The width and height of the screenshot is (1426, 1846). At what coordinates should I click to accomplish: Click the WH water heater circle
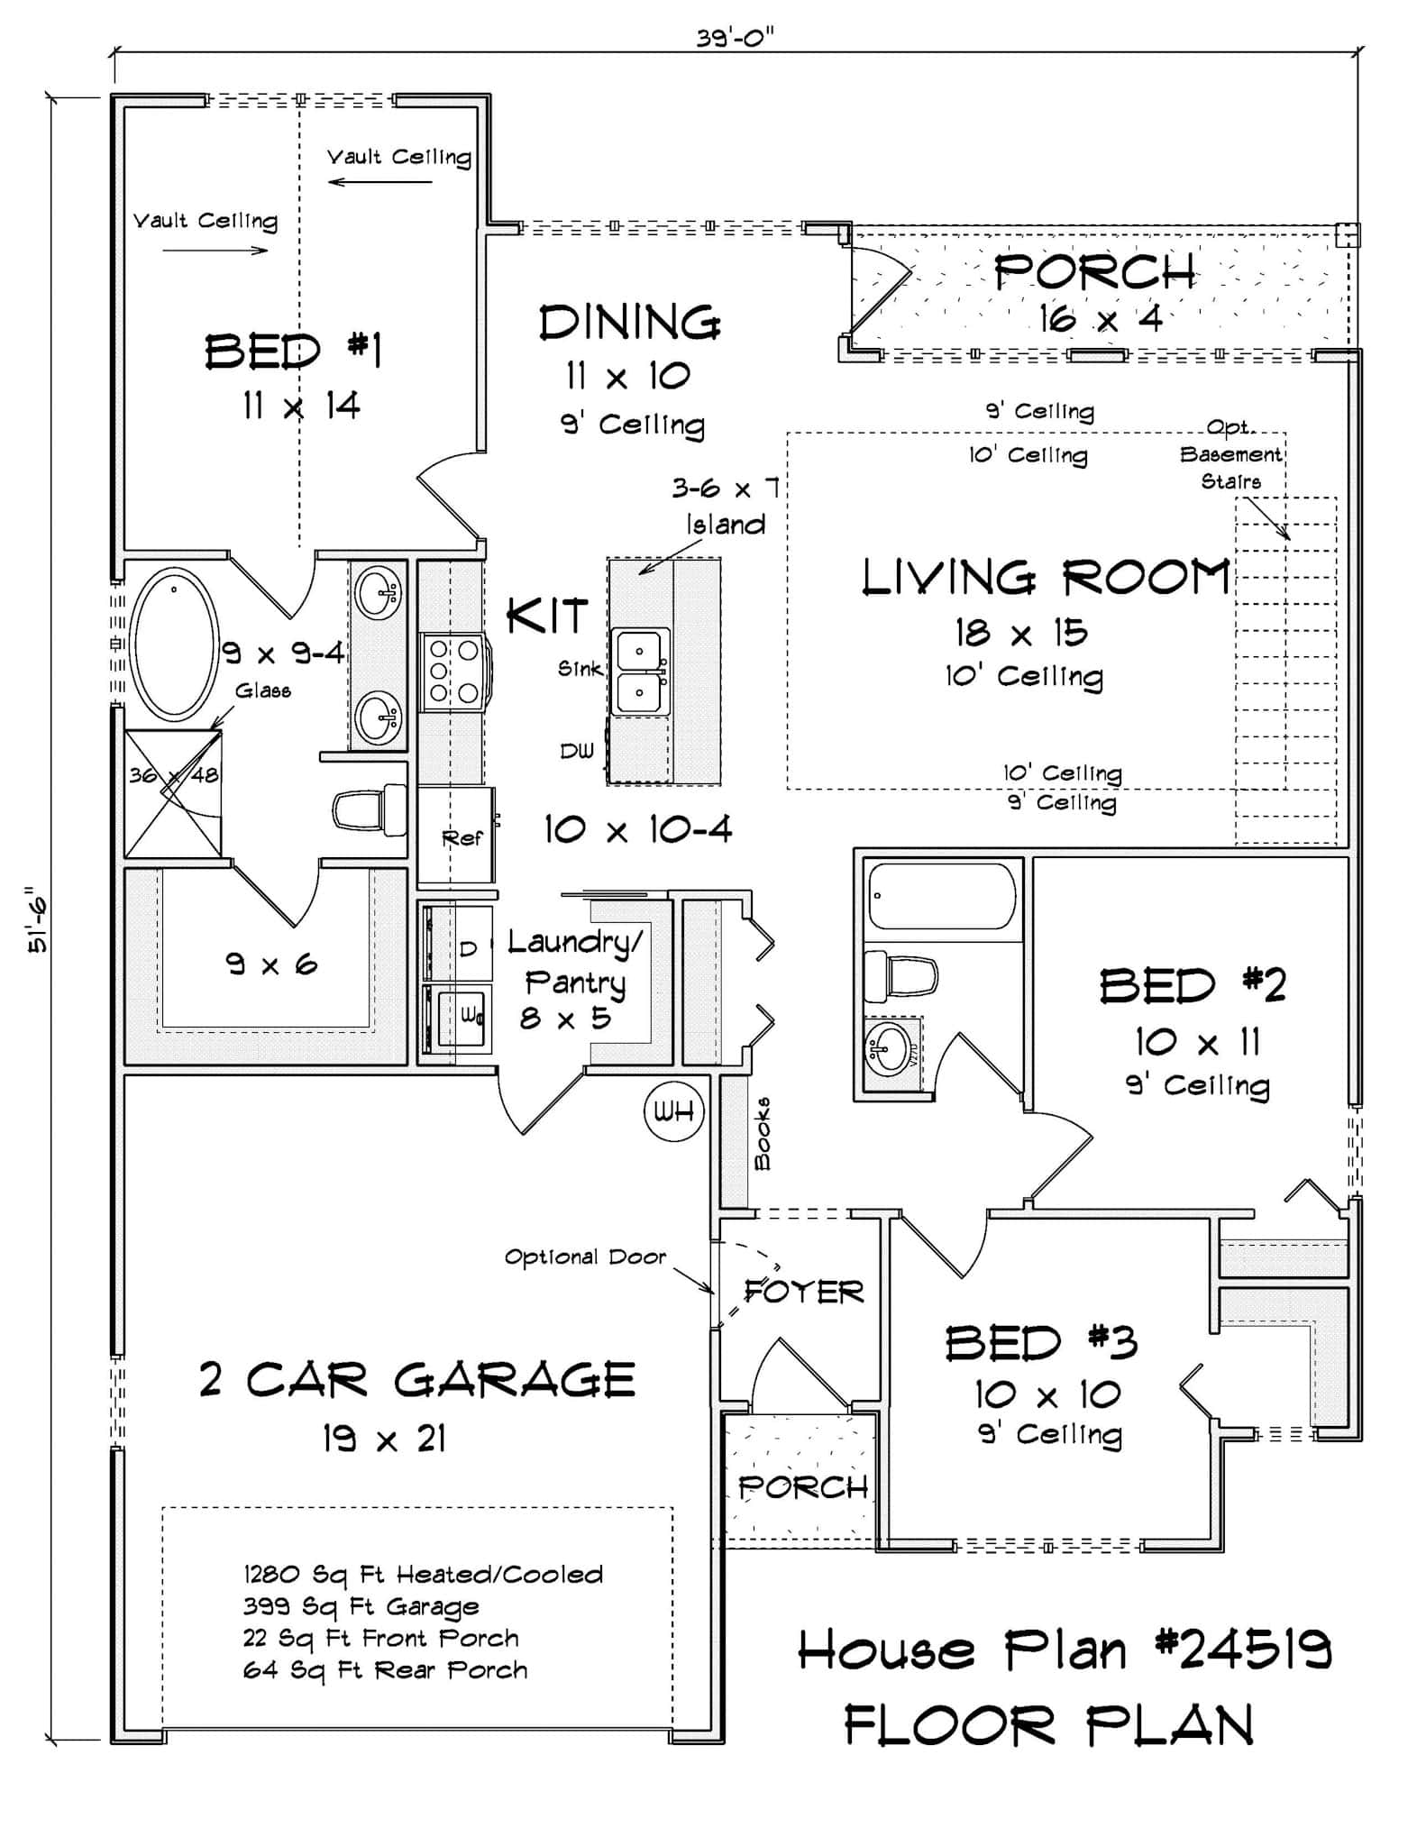674,1111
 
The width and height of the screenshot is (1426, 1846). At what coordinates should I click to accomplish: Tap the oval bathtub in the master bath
175,644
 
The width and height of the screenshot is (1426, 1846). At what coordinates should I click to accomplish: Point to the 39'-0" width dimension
735,38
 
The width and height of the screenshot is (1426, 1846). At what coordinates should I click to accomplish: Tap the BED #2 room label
1192,985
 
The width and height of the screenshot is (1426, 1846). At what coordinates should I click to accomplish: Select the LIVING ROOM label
1046,578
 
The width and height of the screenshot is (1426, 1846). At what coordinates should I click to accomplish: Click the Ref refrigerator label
462,838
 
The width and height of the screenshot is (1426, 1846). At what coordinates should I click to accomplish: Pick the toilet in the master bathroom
370,809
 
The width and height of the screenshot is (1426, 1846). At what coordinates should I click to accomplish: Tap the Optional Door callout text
585,1257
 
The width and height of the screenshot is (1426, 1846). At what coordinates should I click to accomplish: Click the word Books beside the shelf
763,1134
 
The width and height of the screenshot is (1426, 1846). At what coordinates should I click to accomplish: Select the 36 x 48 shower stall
173,793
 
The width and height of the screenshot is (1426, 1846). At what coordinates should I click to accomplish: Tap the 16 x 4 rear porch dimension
1100,318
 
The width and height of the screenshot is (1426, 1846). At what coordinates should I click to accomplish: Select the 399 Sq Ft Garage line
361,1606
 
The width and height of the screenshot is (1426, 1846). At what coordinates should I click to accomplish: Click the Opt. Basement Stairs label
1230,455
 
